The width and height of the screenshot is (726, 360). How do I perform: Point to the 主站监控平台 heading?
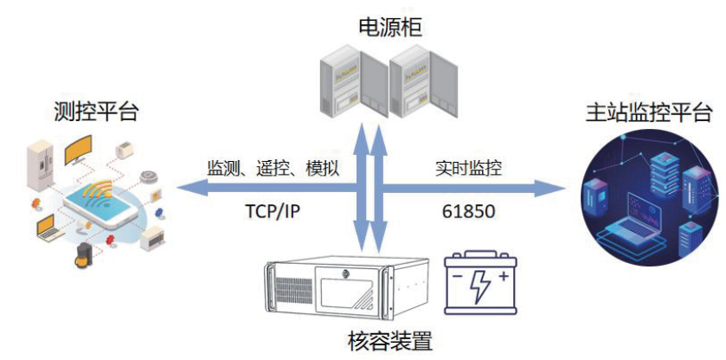click(x=638, y=112)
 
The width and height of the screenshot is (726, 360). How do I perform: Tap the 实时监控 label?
click(x=468, y=167)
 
